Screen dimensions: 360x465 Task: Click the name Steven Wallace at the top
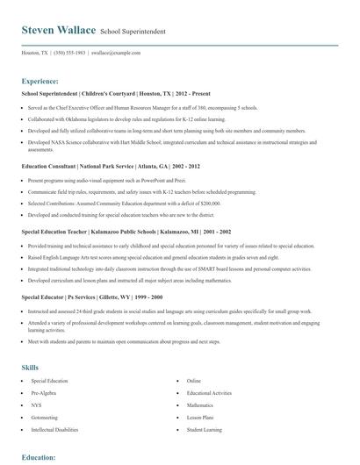tap(59, 30)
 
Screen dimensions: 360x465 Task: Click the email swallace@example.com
tap(117, 53)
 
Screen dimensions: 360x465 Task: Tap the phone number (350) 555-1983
tap(69, 53)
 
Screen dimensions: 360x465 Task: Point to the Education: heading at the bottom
tap(40, 457)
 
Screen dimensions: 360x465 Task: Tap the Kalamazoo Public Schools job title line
tap(126, 232)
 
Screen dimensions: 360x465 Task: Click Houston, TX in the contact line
tap(34, 53)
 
